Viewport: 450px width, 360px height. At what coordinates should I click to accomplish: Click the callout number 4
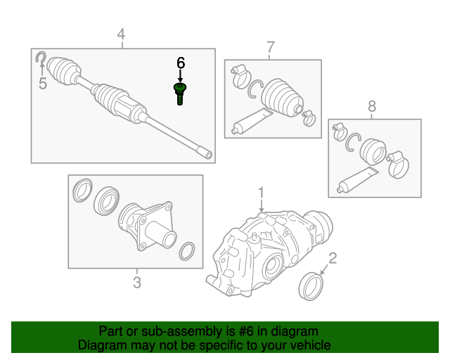pos(121,34)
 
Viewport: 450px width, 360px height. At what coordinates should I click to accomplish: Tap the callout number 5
pos(42,84)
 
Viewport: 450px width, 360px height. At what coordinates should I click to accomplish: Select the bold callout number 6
pos(180,63)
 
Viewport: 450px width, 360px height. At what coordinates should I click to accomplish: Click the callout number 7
pos(270,47)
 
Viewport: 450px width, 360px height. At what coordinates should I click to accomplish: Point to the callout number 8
pos(372,106)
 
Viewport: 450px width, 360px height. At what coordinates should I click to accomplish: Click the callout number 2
pos(333,257)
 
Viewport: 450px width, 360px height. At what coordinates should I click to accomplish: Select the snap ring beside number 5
pos(41,58)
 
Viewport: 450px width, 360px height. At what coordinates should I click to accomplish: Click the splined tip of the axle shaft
pos(205,153)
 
